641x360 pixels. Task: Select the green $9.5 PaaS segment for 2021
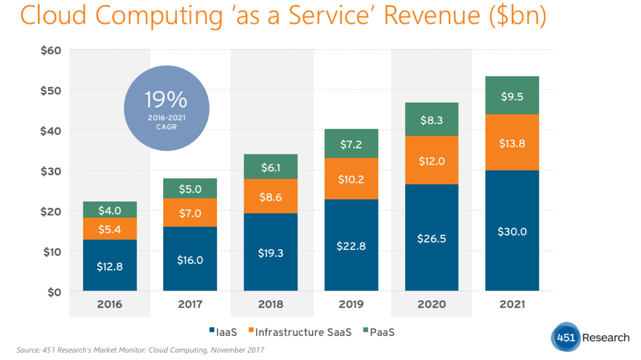point(512,96)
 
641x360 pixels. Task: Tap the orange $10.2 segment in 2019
point(351,179)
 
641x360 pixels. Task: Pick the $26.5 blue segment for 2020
point(431,238)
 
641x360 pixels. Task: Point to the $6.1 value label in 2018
point(270,168)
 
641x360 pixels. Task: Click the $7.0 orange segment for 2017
point(190,213)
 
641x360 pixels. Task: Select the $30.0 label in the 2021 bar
point(512,231)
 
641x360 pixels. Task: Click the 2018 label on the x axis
point(271,304)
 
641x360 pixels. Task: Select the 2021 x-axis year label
point(512,304)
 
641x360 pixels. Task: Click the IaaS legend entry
point(222,332)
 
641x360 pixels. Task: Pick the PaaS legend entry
point(380,332)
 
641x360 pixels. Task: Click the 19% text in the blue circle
point(166,100)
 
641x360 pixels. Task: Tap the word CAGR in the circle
point(166,127)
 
